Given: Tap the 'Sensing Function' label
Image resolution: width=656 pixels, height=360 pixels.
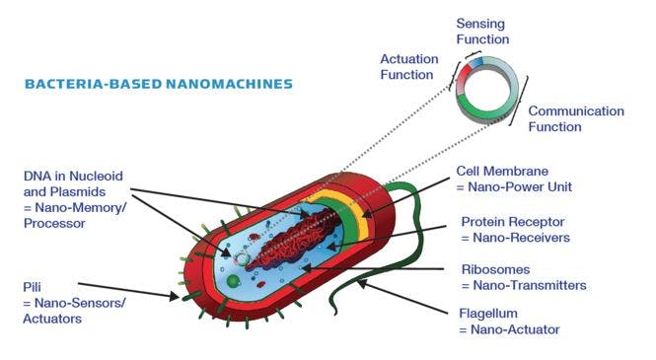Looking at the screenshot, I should pyautogui.click(x=482, y=31).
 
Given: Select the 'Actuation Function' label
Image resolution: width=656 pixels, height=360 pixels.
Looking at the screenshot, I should pyautogui.click(x=408, y=65).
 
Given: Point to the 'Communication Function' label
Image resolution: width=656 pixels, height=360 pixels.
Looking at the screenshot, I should pyautogui.click(x=576, y=118).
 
